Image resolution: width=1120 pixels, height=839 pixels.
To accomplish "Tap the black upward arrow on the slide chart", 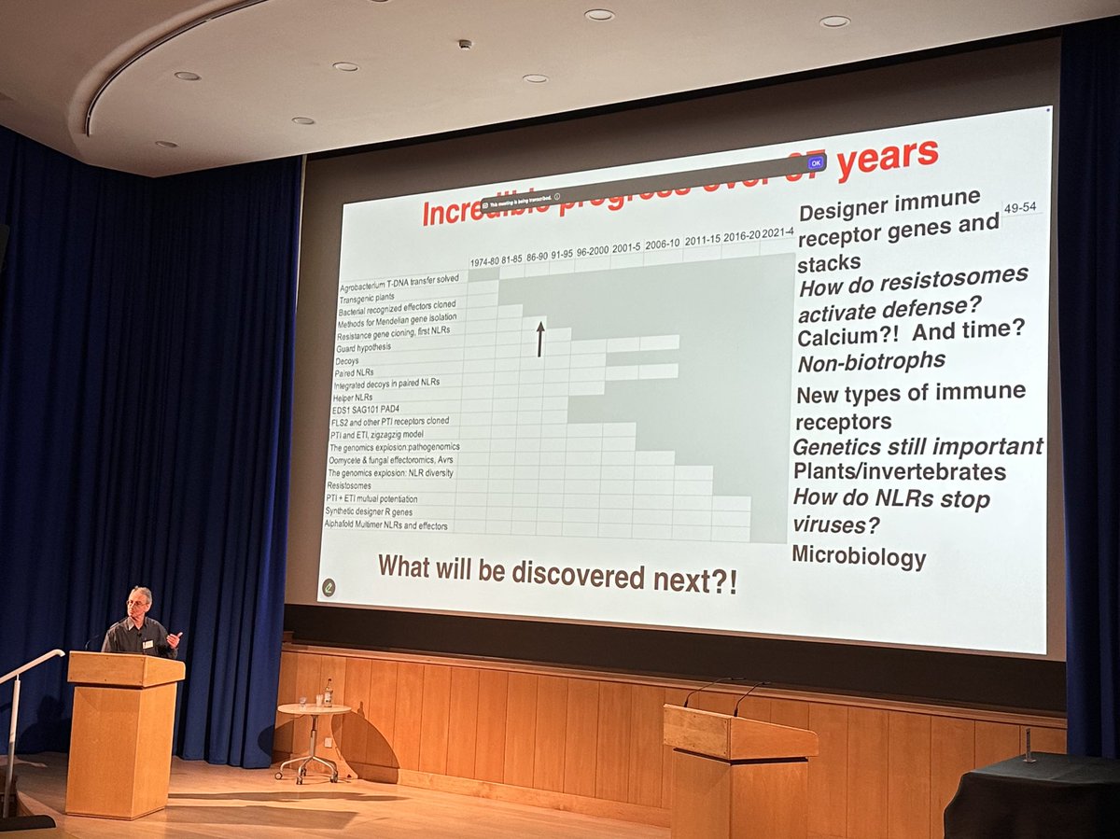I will [x=539, y=339].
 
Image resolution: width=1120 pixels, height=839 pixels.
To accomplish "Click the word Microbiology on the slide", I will [x=859, y=557].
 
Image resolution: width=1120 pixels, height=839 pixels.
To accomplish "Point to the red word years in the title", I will [x=887, y=158].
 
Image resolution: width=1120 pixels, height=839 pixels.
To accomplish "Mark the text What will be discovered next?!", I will [x=557, y=573].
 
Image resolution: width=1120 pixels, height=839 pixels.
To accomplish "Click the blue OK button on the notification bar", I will [x=816, y=162].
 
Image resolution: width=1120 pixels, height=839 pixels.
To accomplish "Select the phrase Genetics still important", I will [x=917, y=447].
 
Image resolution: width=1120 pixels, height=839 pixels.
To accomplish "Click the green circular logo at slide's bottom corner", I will [x=329, y=587].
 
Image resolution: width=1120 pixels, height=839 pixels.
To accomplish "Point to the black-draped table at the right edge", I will [x=1031, y=793].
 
